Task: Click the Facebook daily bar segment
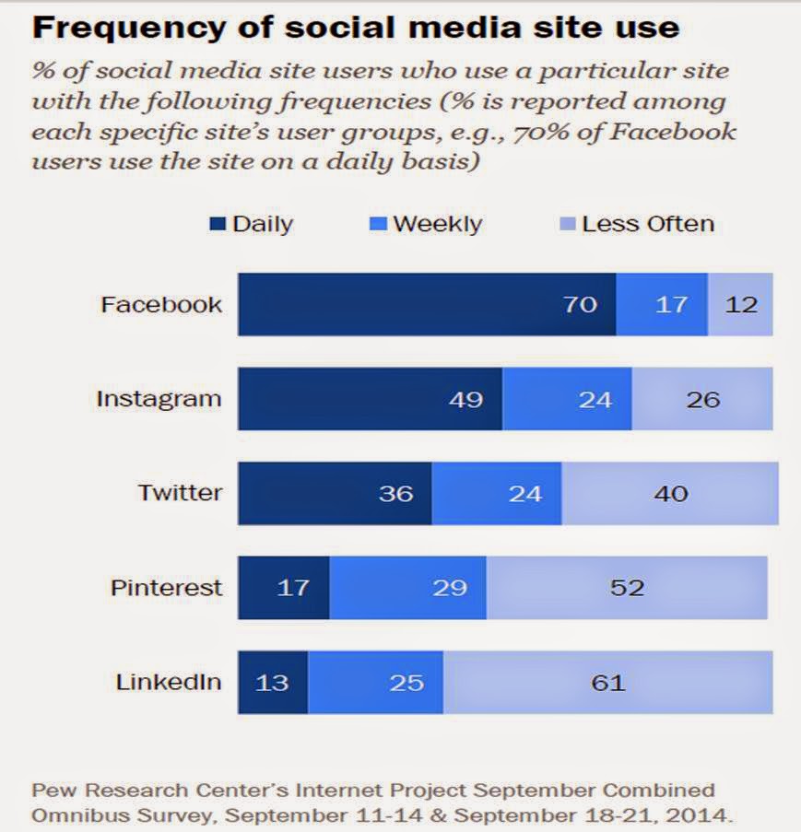[427, 304]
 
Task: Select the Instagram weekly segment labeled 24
[567, 399]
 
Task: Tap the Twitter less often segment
[670, 493]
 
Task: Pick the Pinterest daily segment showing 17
[284, 587]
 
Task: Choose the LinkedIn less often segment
[607, 682]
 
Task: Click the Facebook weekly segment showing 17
[661, 304]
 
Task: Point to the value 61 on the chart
[607, 683]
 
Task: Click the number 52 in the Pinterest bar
[627, 588]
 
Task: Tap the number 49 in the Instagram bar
[465, 400]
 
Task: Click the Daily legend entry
[252, 224]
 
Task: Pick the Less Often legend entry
[638, 224]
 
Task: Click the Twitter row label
[180, 493]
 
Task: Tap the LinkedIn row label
[169, 682]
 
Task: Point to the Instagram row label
[159, 399]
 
